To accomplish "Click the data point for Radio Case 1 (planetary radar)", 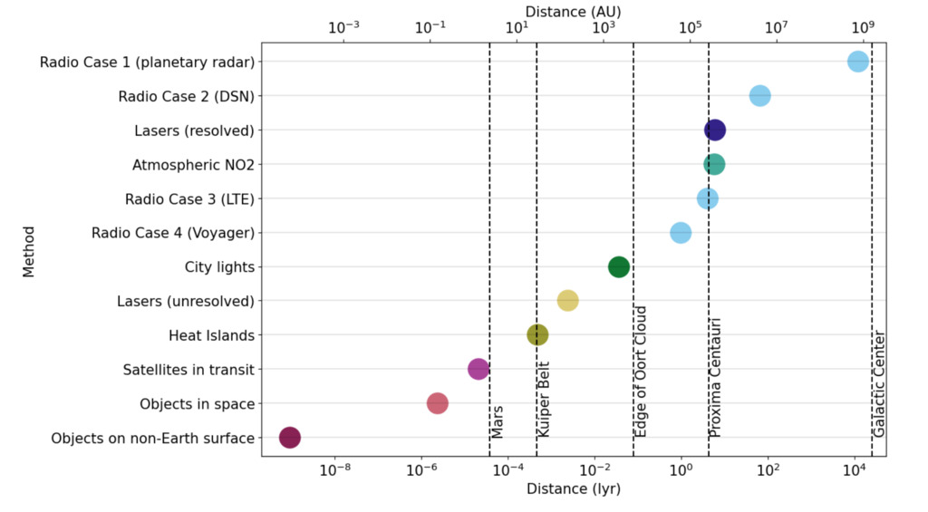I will point(857,62).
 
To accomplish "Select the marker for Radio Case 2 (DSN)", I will point(759,95).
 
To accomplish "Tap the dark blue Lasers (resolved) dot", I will point(714,130).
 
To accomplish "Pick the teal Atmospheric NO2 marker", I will point(714,164).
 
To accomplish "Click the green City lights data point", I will point(618,266).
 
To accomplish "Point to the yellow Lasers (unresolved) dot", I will point(567,301).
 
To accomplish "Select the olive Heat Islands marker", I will point(537,334).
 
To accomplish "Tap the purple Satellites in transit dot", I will point(478,369).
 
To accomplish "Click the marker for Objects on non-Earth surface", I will point(289,438).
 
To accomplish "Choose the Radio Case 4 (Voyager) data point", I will point(680,233).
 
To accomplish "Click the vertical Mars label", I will point(498,421).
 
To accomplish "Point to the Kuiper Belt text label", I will point(544,401).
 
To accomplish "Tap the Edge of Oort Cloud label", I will point(641,372).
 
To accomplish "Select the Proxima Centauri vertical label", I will point(715,378).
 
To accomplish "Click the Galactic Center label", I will point(879,384).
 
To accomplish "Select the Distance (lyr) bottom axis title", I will point(573,488).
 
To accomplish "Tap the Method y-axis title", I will point(28,250).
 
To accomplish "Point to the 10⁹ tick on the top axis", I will point(863,26).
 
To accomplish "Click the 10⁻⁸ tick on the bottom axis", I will point(335,470).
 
